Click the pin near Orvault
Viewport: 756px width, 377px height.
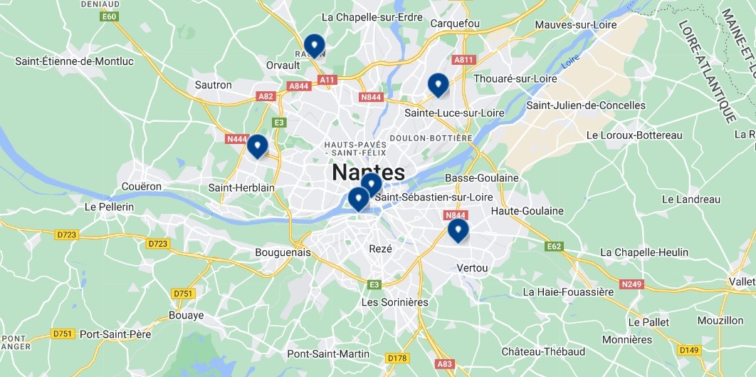314,46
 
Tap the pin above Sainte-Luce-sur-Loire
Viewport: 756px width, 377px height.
438,85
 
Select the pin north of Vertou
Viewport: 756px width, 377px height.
458,230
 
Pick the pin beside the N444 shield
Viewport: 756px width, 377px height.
257,146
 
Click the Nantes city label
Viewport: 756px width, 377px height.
368,172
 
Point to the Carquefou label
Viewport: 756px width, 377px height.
455,24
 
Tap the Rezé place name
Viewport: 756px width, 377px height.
381,249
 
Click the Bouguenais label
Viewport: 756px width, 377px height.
283,252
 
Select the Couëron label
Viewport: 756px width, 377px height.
142,187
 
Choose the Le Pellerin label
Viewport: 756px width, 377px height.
109,207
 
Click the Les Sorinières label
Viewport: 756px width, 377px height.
395,302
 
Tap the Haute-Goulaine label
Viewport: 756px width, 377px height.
527,211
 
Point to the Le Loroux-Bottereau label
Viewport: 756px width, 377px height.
634,135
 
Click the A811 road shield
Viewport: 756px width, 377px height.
463,60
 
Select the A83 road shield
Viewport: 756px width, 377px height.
445,363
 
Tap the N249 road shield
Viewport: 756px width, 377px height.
631,284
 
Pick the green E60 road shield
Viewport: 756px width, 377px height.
109,16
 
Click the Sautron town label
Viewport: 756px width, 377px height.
214,85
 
